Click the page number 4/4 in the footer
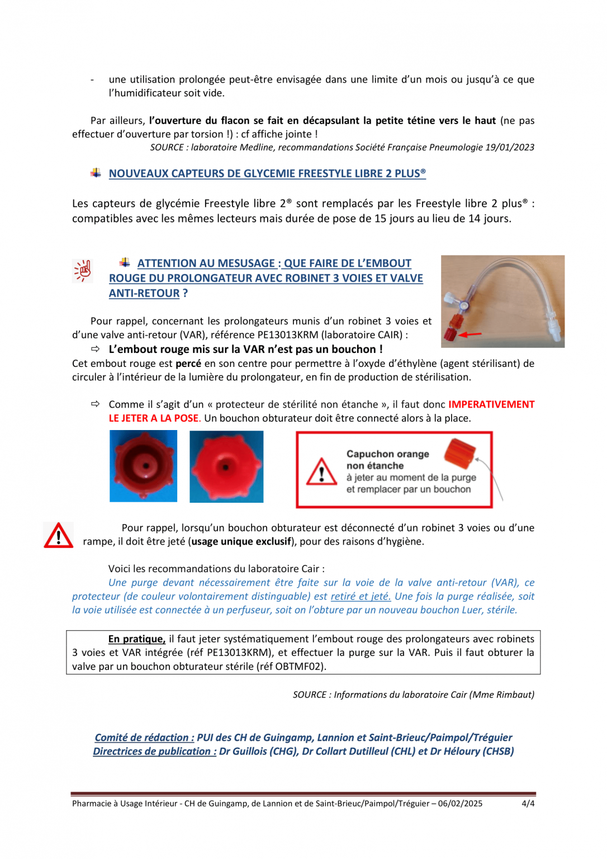pos(528,804)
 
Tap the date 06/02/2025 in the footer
pos(460,804)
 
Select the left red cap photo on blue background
pos(143,466)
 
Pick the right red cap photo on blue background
pos(226,466)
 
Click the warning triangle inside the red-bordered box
pos(321,473)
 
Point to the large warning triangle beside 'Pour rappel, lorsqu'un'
pos(58,536)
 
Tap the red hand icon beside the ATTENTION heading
pos(83,271)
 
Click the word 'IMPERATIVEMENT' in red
pos(491,404)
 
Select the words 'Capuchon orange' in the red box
pos(387,454)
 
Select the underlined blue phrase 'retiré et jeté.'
pos(361,597)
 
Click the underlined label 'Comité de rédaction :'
pos(144,738)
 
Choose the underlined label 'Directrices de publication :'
pos(154,752)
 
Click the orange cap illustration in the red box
pos(459,453)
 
